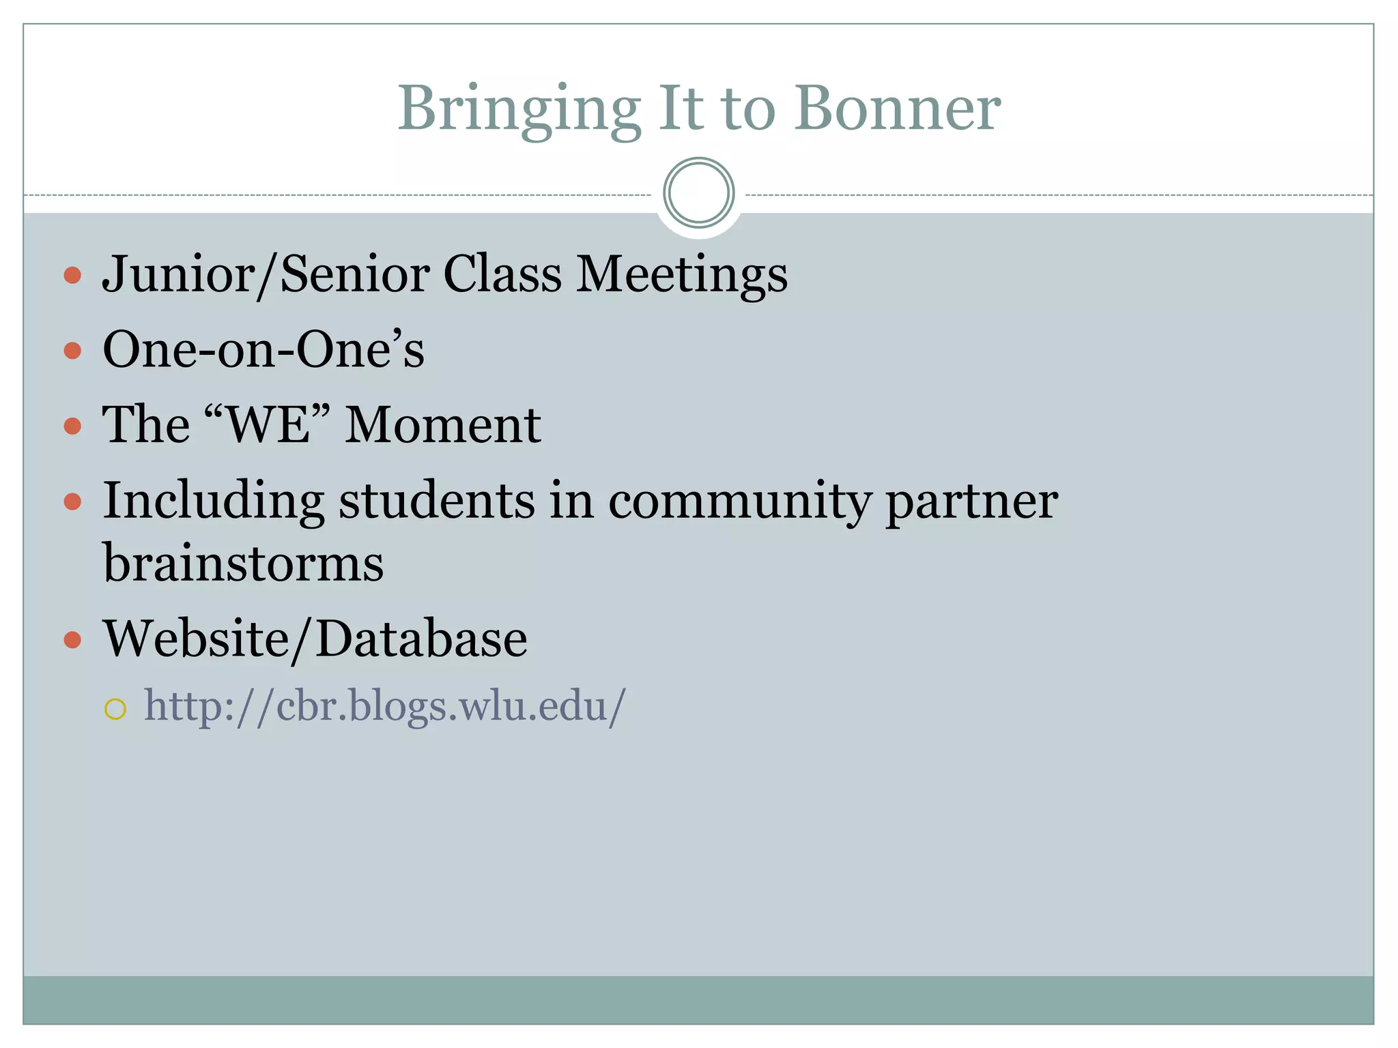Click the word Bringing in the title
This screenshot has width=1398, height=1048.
click(519, 109)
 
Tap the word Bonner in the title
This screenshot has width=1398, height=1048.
click(897, 109)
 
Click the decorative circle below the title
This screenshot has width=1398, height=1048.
click(698, 193)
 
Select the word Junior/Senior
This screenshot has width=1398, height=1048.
click(266, 274)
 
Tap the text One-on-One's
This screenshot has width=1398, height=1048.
click(263, 350)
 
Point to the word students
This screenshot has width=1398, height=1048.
click(437, 501)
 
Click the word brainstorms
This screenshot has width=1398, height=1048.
click(243, 564)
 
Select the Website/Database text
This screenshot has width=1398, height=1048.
click(315, 639)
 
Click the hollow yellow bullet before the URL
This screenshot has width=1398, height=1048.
click(115, 710)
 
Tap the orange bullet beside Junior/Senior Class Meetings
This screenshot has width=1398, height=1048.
click(72, 276)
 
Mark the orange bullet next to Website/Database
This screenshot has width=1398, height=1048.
click(72, 640)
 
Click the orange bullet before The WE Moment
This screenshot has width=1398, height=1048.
click(72, 426)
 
